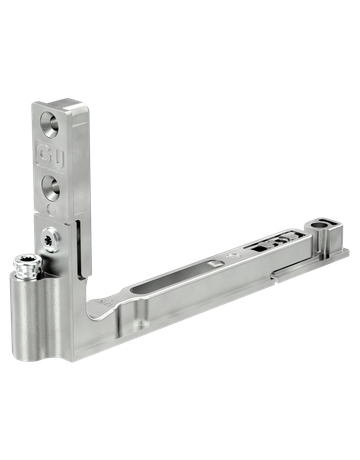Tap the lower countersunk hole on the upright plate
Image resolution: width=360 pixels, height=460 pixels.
pyautogui.click(x=49, y=184)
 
